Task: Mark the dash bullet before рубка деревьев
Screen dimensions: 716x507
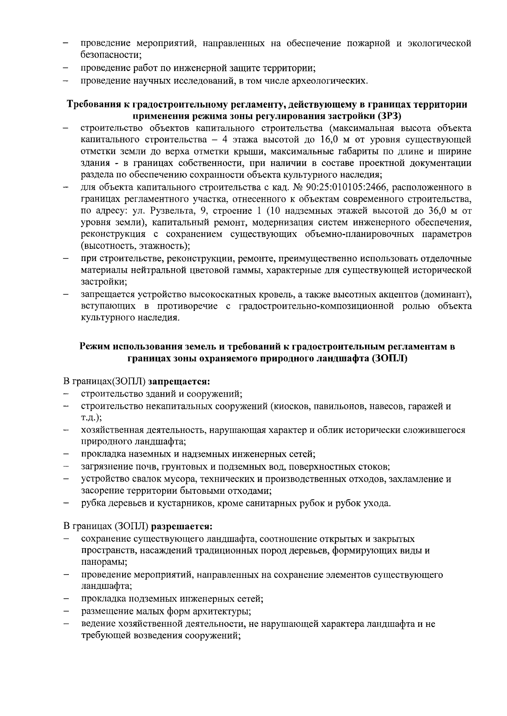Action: coord(66,504)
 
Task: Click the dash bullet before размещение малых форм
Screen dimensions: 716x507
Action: coord(66,612)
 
